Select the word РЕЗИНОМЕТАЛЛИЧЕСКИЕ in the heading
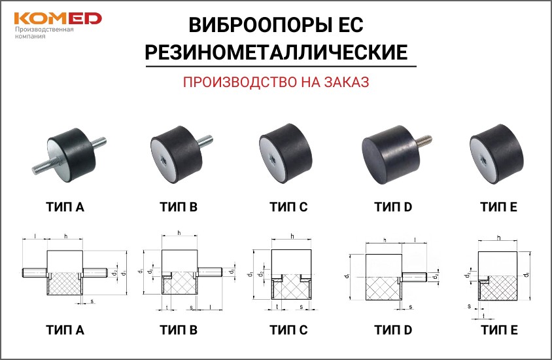click(x=277, y=52)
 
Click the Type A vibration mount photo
click(x=69, y=154)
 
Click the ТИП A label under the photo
click(x=65, y=207)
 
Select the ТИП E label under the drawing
click(x=499, y=330)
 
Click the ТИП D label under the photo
click(x=393, y=207)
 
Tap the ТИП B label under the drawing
click(x=179, y=330)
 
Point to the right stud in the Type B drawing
click(x=210, y=272)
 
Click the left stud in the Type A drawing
click(x=35, y=273)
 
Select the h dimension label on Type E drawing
click(x=499, y=238)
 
